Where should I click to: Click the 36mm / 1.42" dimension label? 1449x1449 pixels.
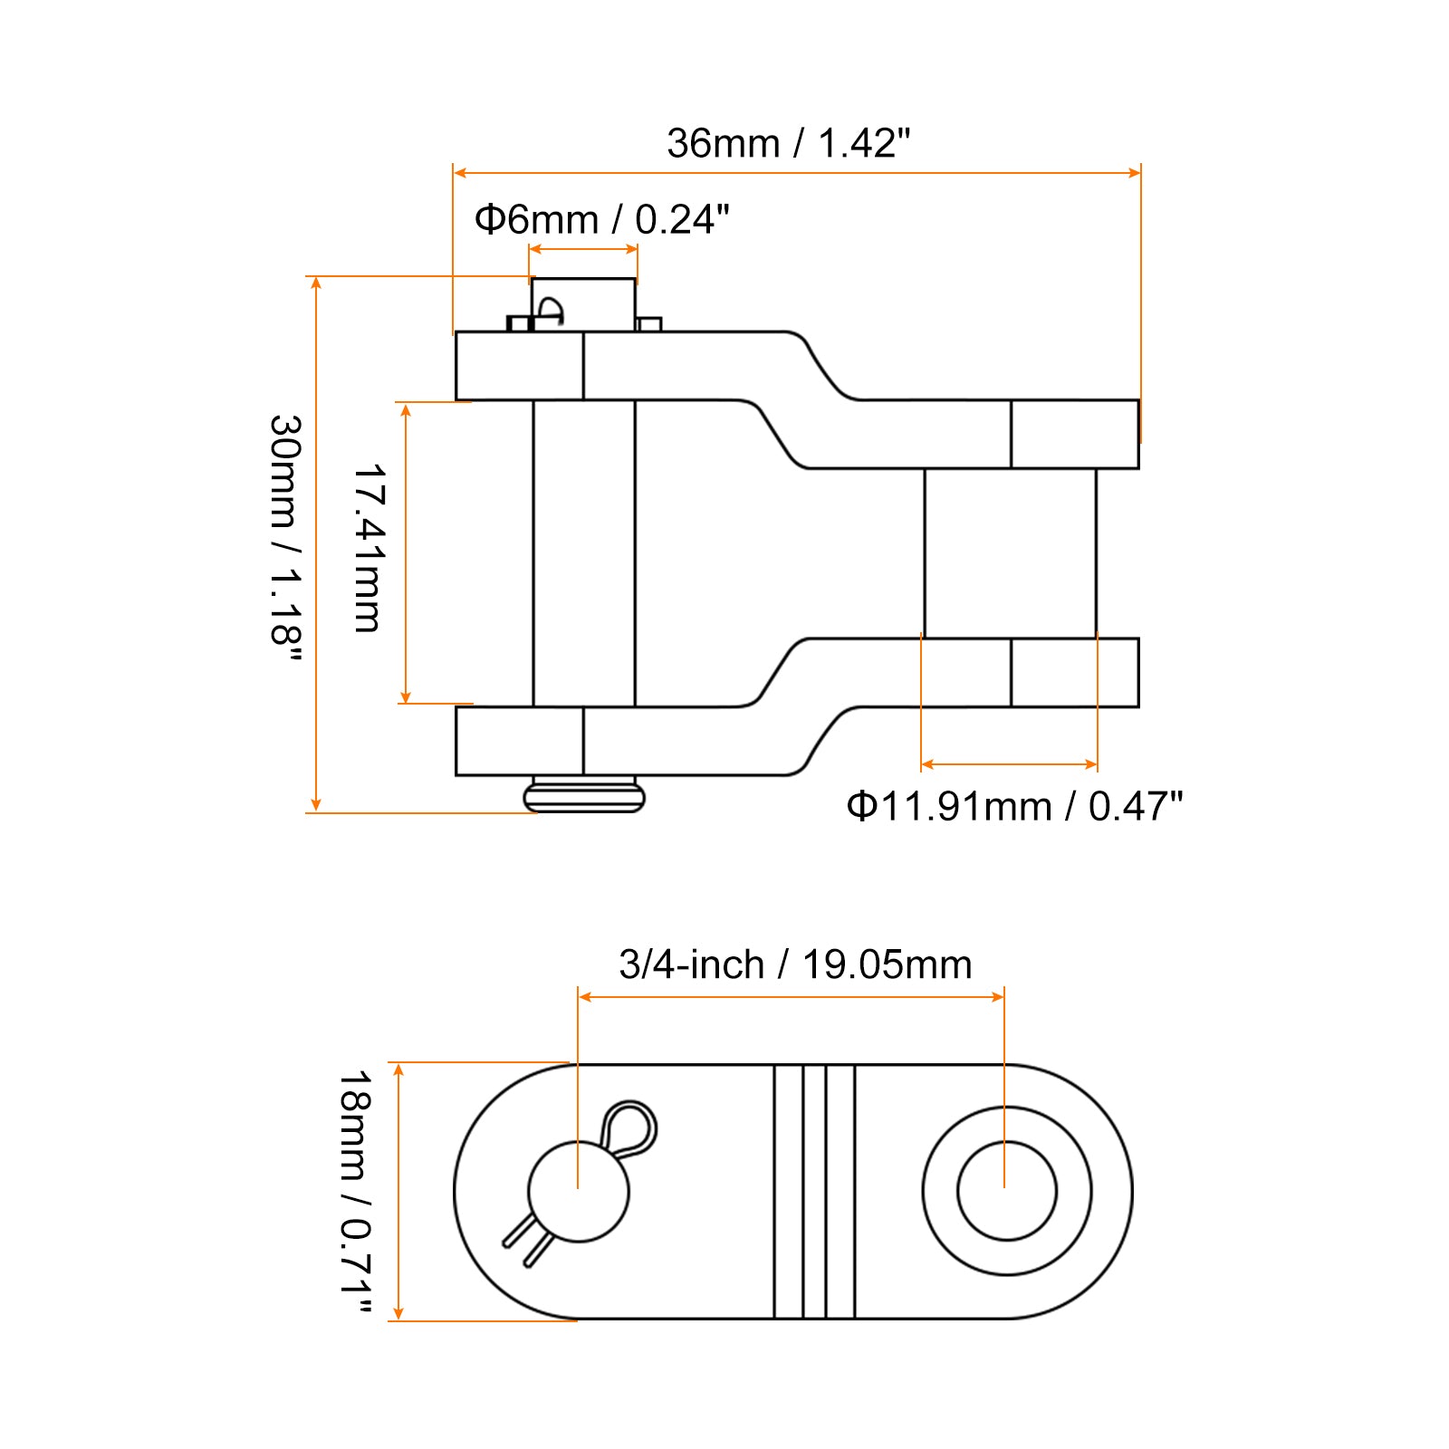point(788,143)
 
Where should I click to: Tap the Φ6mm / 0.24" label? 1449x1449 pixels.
point(602,219)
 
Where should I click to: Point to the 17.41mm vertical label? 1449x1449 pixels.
point(369,549)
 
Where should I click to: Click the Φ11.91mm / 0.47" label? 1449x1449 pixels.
point(1014,806)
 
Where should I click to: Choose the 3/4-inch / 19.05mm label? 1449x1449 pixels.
point(795,964)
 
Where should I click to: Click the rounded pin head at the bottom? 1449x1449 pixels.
point(584,797)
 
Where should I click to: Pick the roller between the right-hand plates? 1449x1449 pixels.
point(1010,553)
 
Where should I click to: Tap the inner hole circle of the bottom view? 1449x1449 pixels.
point(1007,1191)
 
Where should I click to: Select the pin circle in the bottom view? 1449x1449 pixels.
point(578,1191)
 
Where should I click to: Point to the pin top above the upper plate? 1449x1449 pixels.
point(583,304)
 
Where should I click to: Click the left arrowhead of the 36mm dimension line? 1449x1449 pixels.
point(459,172)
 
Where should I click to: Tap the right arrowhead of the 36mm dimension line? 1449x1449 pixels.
point(1135,172)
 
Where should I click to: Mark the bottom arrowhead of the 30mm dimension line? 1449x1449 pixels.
point(316,804)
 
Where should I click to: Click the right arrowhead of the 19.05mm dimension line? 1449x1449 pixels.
point(998,997)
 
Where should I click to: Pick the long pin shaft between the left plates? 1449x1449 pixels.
point(584,553)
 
